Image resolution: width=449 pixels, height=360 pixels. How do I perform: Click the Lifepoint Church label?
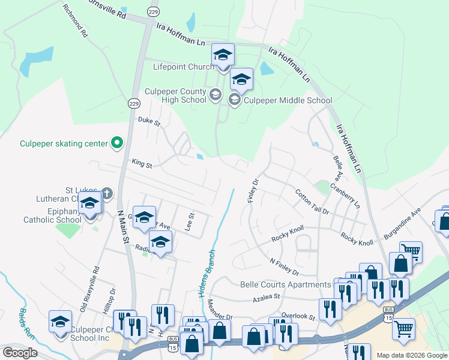click(x=183, y=67)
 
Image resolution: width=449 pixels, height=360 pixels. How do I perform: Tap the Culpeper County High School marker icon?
click(x=215, y=95)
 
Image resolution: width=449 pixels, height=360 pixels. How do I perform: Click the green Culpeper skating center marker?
click(x=118, y=143)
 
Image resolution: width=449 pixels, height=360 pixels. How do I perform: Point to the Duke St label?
click(x=149, y=121)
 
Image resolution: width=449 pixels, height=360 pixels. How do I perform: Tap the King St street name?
click(x=142, y=163)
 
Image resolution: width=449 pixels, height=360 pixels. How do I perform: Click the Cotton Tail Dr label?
click(x=312, y=202)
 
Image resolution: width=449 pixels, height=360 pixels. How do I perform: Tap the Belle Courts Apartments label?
click(x=285, y=284)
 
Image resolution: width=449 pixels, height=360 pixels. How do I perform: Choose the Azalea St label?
click(x=267, y=296)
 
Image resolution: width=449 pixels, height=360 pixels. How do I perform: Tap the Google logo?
click(x=20, y=353)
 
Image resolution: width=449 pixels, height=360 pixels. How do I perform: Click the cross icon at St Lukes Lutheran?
click(x=106, y=193)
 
